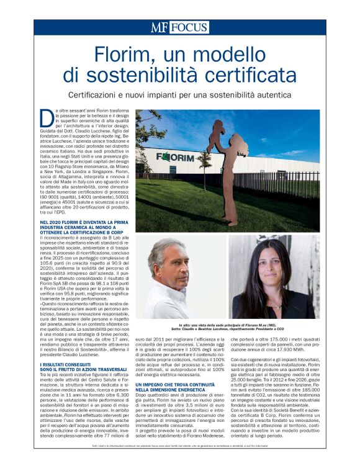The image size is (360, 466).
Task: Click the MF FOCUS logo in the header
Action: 179,27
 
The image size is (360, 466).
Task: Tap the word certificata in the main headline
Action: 241,76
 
